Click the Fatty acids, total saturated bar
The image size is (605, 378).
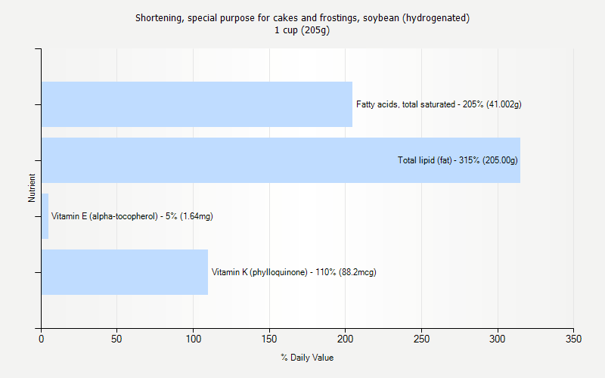tap(197, 104)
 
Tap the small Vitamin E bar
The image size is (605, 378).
tap(45, 216)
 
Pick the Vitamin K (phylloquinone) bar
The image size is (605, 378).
tap(125, 272)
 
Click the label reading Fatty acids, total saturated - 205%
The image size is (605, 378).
tap(439, 104)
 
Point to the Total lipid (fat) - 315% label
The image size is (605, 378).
tap(458, 160)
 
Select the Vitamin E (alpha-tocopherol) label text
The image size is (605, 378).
tap(132, 216)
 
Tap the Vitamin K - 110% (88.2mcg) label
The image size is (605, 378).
tap(293, 272)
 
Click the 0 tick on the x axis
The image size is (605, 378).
tap(42, 339)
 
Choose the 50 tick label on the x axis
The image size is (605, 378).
tap(117, 339)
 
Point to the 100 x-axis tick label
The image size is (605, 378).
tap(194, 339)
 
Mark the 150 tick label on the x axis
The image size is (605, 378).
tap(269, 339)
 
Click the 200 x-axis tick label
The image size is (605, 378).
tap(346, 339)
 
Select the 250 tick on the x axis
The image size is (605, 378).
tap(421, 339)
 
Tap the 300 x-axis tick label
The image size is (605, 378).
tap(498, 339)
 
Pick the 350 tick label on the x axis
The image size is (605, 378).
tap(573, 339)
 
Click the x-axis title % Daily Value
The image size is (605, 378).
tap(307, 358)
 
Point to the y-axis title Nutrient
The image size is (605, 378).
tap(32, 188)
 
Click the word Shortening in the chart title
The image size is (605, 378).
tap(156, 18)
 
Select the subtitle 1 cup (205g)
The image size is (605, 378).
tap(302, 30)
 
